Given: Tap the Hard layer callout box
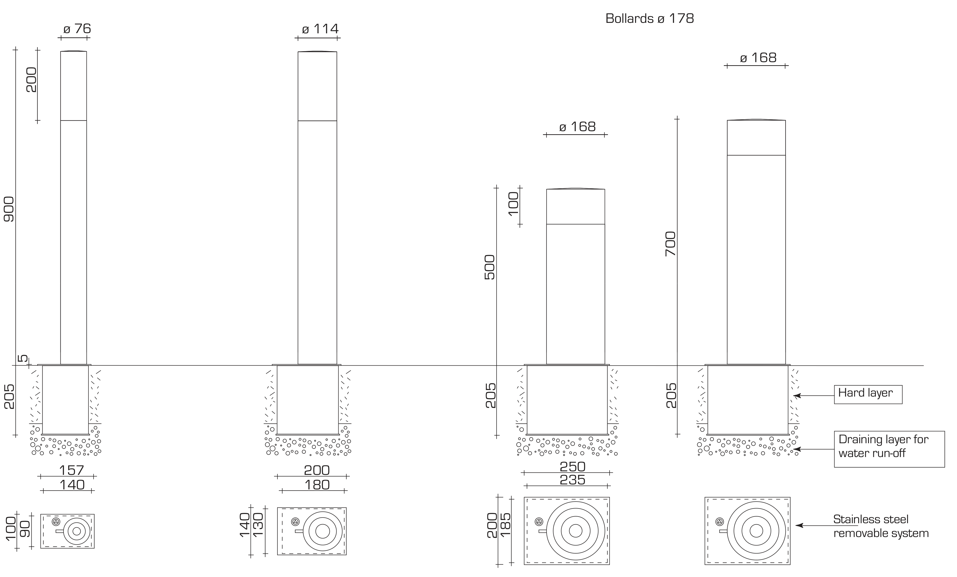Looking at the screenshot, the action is [868, 394].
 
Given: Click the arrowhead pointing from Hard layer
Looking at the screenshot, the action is [797, 396].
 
